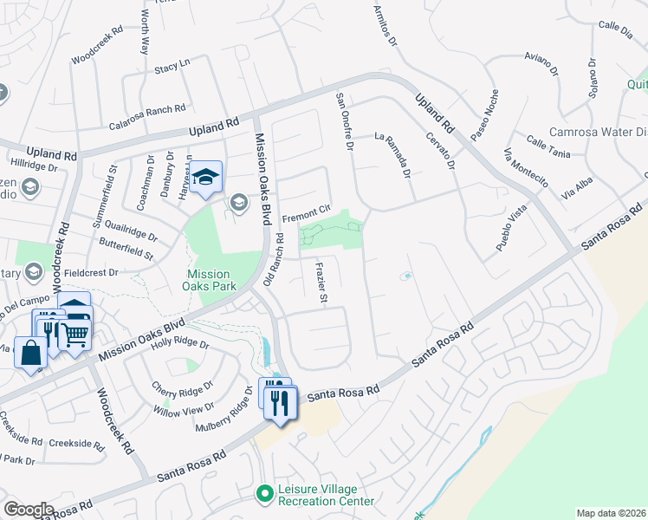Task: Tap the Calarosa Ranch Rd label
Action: pos(149,109)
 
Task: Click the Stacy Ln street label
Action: pos(172,67)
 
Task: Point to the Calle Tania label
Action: pos(548,147)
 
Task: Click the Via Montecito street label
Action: pos(526,167)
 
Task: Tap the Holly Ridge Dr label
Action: pos(179,344)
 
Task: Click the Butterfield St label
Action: pos(125,250)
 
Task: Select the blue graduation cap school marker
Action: pos(206,178)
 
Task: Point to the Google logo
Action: pos(29,510)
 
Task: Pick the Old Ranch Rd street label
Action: pos(273,258)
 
